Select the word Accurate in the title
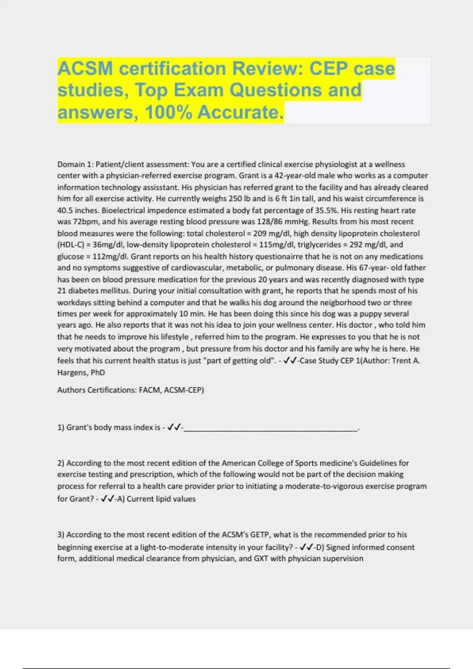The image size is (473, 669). click(240, 112)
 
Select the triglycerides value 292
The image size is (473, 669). click(356, 245)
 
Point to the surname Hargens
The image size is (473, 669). click(72, 372)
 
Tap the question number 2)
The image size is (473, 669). click(61, 463)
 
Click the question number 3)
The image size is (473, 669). click(61, 535)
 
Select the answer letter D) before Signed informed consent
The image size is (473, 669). click(319, 547)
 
